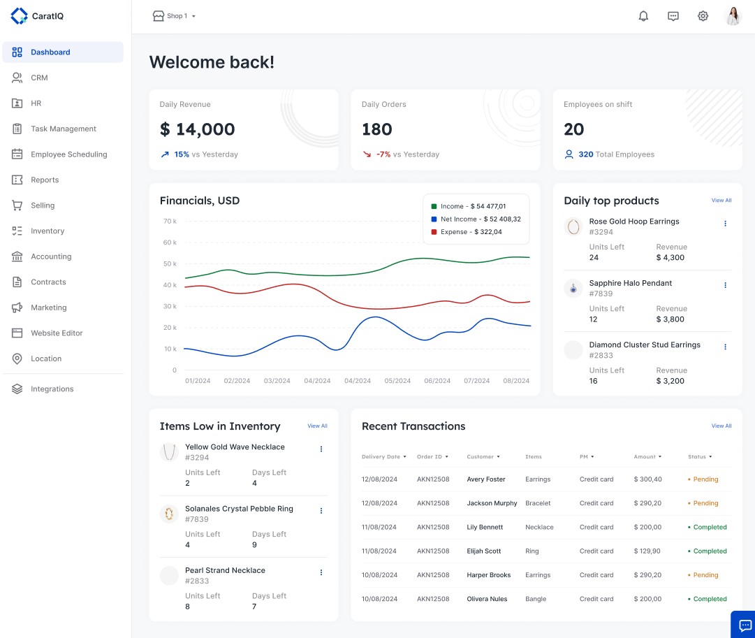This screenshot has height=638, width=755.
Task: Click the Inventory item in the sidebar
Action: tap(47, 231)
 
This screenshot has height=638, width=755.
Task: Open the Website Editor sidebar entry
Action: tap(57, 333)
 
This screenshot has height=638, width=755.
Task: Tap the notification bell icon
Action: tap(643, 16)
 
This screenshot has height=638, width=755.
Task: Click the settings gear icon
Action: tap(703, 16)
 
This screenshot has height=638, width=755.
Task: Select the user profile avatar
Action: tap(733, 16)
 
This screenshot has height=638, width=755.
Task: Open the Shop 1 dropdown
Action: tap(175, 16)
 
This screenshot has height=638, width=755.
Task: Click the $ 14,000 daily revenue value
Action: tap(197, 129)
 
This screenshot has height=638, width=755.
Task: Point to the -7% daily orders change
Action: tap(383, 154)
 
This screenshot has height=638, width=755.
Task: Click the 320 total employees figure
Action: tap(585, 154)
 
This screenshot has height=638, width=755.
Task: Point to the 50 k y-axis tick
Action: tap(170, 264)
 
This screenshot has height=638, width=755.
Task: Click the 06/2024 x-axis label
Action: tap(437, 381)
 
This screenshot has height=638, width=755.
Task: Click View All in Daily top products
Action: tap(721, 201)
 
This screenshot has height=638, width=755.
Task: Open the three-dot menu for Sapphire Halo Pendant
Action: tap(725, 285)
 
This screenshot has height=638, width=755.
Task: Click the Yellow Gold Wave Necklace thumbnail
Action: tap(169, 452)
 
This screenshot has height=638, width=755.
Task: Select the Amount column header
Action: tap(646, 457)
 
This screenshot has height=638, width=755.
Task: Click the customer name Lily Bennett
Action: tap(485, 528)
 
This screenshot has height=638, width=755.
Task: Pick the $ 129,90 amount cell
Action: tap(647, 551)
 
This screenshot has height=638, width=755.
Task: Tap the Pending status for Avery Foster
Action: tap(704, 479)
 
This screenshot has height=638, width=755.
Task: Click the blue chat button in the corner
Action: tap(745, 625)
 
